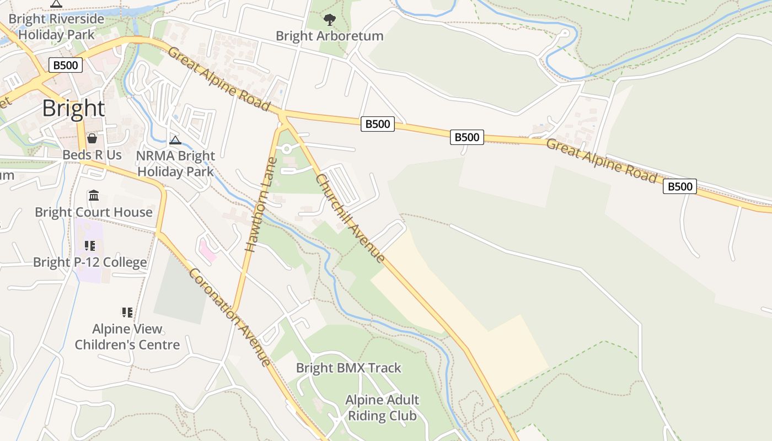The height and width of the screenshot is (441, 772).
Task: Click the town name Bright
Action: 73,109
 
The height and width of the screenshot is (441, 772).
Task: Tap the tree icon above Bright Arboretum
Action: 329,20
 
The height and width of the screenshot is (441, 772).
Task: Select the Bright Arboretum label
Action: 329,36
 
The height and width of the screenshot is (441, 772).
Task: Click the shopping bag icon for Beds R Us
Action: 92,138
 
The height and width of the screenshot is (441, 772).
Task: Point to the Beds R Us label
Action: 92,155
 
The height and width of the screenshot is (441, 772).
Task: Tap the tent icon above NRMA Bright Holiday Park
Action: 175,140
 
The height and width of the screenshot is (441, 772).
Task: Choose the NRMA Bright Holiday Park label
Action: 175,164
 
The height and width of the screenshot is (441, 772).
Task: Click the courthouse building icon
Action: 93,196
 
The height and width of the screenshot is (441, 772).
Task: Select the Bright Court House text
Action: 94,212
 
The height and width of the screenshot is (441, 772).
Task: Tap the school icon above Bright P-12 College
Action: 90,246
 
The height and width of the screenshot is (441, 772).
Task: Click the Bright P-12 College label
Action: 90,262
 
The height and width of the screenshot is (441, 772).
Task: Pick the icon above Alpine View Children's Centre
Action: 127,313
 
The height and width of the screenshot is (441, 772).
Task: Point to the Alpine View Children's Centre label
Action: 127,337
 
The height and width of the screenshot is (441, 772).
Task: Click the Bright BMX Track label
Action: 349,368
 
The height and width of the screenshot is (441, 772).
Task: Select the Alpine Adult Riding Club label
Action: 382,407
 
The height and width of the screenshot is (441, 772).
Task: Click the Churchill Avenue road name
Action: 350,218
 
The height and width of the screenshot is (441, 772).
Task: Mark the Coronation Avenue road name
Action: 230,317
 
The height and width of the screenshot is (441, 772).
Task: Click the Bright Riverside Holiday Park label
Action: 56,26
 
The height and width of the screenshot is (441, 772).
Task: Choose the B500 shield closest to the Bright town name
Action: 66,66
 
